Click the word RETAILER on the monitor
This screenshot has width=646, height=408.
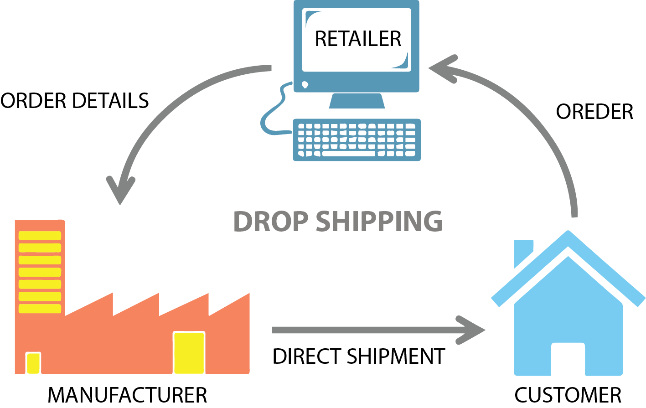click(x=358, y=39)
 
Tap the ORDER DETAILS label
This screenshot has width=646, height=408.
click(x=75, y=101)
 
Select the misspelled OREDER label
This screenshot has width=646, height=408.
click(x=594, y=112)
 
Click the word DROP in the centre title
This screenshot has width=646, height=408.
click(x=270, y=222)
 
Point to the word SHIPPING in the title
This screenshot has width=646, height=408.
click(x=379, y=222)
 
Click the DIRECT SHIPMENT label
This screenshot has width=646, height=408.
click(x=358, y=356)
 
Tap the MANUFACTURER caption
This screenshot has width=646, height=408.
click(x=127, y=395)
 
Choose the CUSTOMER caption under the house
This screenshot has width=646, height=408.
click(x=568, y=395)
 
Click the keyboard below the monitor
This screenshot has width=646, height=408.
click(x=357, y=139)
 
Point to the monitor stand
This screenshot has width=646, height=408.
click(x=357, y=101)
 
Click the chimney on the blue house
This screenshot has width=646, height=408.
click(x=522, y=252)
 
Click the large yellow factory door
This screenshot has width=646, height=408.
click(x=189, y=353)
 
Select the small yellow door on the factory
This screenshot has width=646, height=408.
click(x=33, y=363)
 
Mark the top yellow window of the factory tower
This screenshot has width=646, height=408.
click(x=40, y=236)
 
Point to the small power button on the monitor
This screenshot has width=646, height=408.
click(x=305, y=84)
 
